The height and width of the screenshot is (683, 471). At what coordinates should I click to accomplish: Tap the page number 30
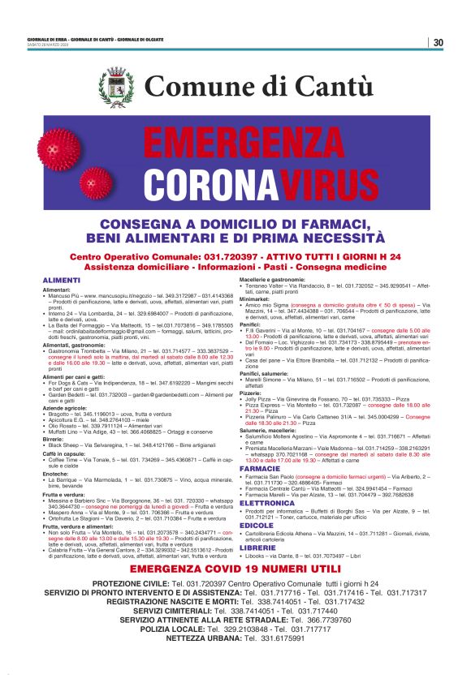[438, 42]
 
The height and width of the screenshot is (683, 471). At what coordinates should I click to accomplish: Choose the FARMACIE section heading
[260, 469]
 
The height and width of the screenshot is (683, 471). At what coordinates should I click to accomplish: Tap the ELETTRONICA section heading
[267, 503]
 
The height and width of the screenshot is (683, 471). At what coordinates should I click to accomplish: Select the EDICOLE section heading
[257, 525]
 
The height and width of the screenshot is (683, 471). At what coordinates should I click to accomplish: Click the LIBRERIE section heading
[257, 548]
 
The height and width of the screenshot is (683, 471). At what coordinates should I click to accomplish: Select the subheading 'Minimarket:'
[257, 298]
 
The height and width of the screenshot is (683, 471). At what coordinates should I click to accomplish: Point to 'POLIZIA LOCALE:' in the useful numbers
[180, 629]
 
